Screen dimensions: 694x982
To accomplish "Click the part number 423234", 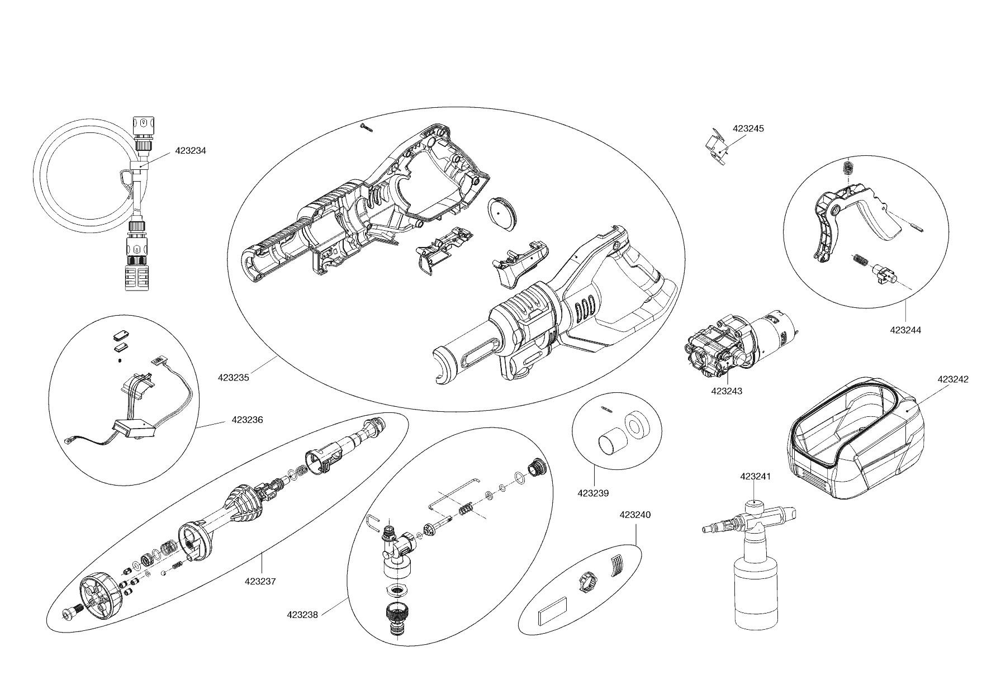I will pyautogui.click(x=191, y=151).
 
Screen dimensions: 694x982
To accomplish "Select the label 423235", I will pyautogui.click(x=233, y=377).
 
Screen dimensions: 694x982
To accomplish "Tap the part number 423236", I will pyautogui.click(x=247, y=420).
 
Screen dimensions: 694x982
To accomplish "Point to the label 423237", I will pyautogui.click(x=260, y=581).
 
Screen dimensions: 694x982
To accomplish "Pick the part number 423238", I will pyautogui.click(x=302, y=615).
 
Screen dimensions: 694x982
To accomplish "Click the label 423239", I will pyautogui.click(x=593, y=493).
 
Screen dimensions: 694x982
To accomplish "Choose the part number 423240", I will pyautogui.click(x=635, y=515).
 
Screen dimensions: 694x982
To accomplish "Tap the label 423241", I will pyautogui.click(x=755, y=477).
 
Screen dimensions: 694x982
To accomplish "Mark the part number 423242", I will pyautogui.click(x=953, y=379).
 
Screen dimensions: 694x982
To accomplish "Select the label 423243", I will pyautogui.click(x=727, y=391).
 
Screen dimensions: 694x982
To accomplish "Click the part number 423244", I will pyautogui.click(x=905, y=330).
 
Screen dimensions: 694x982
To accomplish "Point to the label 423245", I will pyautogui.click(x=748, y=129).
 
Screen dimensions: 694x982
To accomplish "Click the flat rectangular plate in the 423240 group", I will pyautogui.click(x=552, y=612).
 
